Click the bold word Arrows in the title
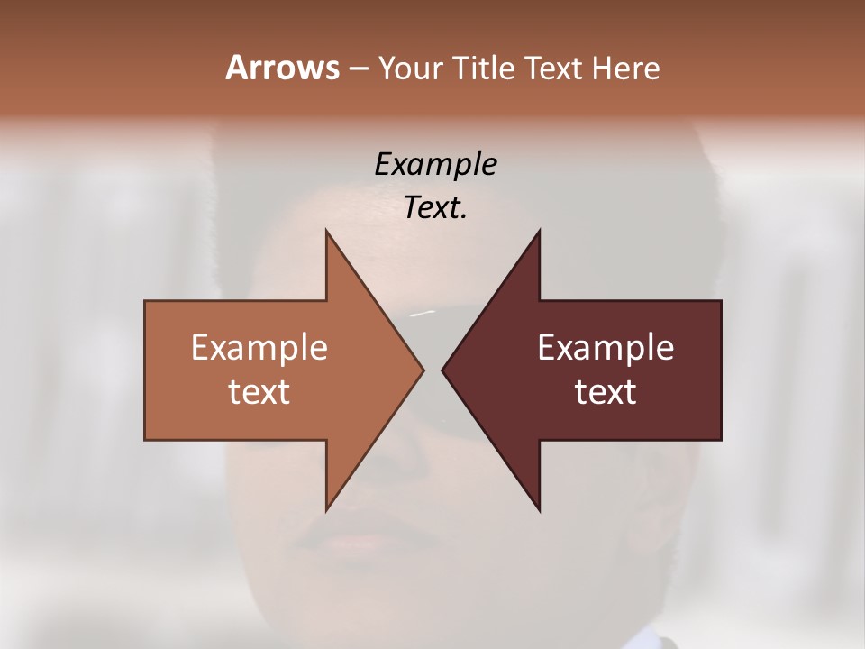pyautogui.click(x=282, y=68)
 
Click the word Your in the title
pyautogui.click(x=406, y=68)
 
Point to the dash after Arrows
pyautogui.click(x=357, y=69)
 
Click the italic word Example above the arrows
pyautogui.click(x=435, y=165)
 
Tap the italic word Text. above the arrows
pyautogui.click(x=435, y=207)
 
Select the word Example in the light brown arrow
pyautogui.click(x=259, y=348)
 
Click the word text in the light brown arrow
pyautogui.click(x=259, y=392)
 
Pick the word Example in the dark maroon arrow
pyautogui.click(x=605, y=348)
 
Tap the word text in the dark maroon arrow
pyautogui.click(x=605, y=392)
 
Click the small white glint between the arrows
pyautogui.click(x=422, y=314)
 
